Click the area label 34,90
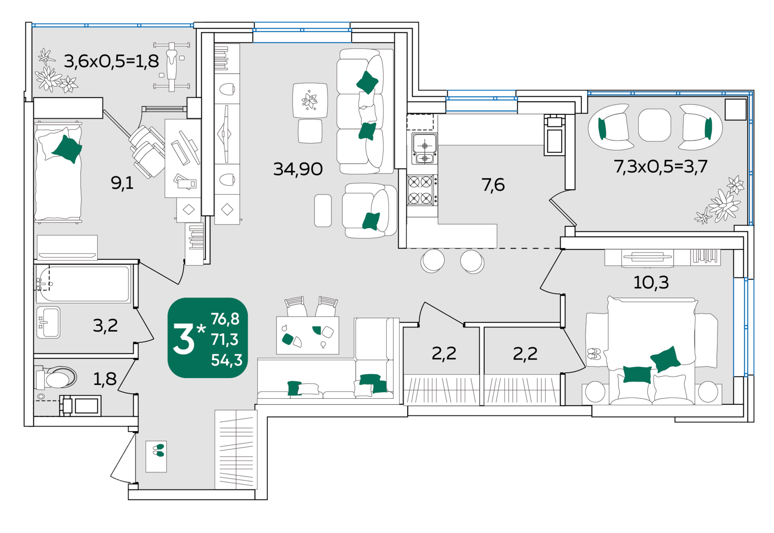coord(298,169)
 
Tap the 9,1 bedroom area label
coord(122,183)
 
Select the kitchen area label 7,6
coord(493,185)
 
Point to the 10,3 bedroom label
coord(651,283)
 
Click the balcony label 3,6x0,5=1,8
coord(111,61)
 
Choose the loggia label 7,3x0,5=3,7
coord(661,166)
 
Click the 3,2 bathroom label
coord(106,326)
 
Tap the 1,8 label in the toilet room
coord(105,379)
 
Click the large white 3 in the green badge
coord(184,339)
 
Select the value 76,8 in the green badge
coord(225,319)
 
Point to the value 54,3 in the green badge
coord(227,361)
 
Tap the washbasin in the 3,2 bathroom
coord(48,322)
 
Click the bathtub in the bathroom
coord(83,284)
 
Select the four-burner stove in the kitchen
coord(422,190)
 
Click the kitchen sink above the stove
coord(425,149)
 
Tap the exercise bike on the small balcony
coord(172,66)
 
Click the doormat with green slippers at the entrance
coord(156,456)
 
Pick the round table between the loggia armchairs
coord(654,125)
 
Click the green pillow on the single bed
coord(67,149)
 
